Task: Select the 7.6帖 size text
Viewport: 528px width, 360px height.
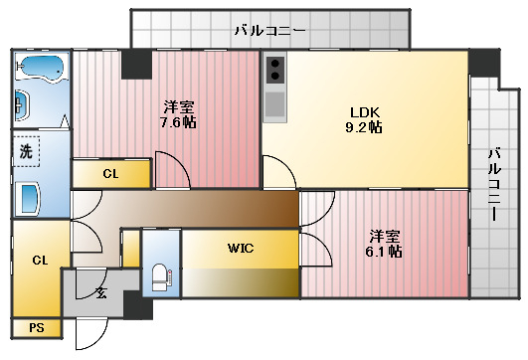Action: point(179,123)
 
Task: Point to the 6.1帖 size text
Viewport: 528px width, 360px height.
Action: point(385,252)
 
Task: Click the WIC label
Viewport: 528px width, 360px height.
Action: point(241,248)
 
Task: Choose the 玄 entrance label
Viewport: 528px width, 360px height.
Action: point(102,292)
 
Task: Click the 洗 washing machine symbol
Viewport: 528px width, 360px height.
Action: point(26,153)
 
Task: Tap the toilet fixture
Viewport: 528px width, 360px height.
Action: point(160,275)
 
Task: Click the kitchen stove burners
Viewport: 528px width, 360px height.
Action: point(275,71)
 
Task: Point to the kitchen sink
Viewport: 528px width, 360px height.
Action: point(275,103)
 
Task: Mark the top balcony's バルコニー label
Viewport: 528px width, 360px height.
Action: point(270,31)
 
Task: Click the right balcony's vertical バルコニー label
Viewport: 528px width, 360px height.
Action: point(494,185)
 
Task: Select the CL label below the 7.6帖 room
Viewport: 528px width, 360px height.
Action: point(110,173)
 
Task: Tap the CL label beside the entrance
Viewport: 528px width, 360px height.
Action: point(40,261)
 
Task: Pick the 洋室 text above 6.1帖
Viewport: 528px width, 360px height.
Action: point(385,235)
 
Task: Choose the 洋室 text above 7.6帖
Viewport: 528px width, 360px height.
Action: point(179,106)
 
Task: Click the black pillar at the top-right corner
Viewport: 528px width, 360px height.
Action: point(483,60)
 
